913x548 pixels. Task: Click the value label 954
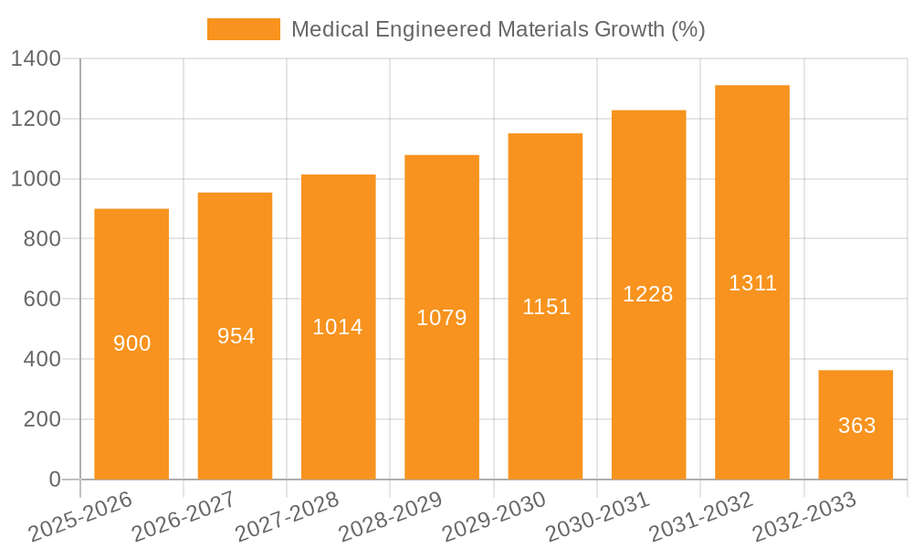[236, 336]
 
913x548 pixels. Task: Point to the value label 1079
[442, 318]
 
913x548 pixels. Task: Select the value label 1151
[546, 307]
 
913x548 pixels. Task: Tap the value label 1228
[648, 294]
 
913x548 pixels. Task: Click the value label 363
[856, 426]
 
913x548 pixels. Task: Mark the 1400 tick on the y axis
[36, 59]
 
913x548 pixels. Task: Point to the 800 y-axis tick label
[42, 239]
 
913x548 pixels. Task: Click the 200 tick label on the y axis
[42, 419]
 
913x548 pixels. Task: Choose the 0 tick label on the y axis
[54, 479]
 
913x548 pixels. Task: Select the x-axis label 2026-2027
[184, 517]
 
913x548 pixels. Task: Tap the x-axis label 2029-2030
[494, 517]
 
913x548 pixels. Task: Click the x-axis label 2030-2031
[598, 517]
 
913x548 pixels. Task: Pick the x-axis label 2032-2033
[804, 517]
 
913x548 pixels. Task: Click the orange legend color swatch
[244, 29]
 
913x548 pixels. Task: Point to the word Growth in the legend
[629, 29]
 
